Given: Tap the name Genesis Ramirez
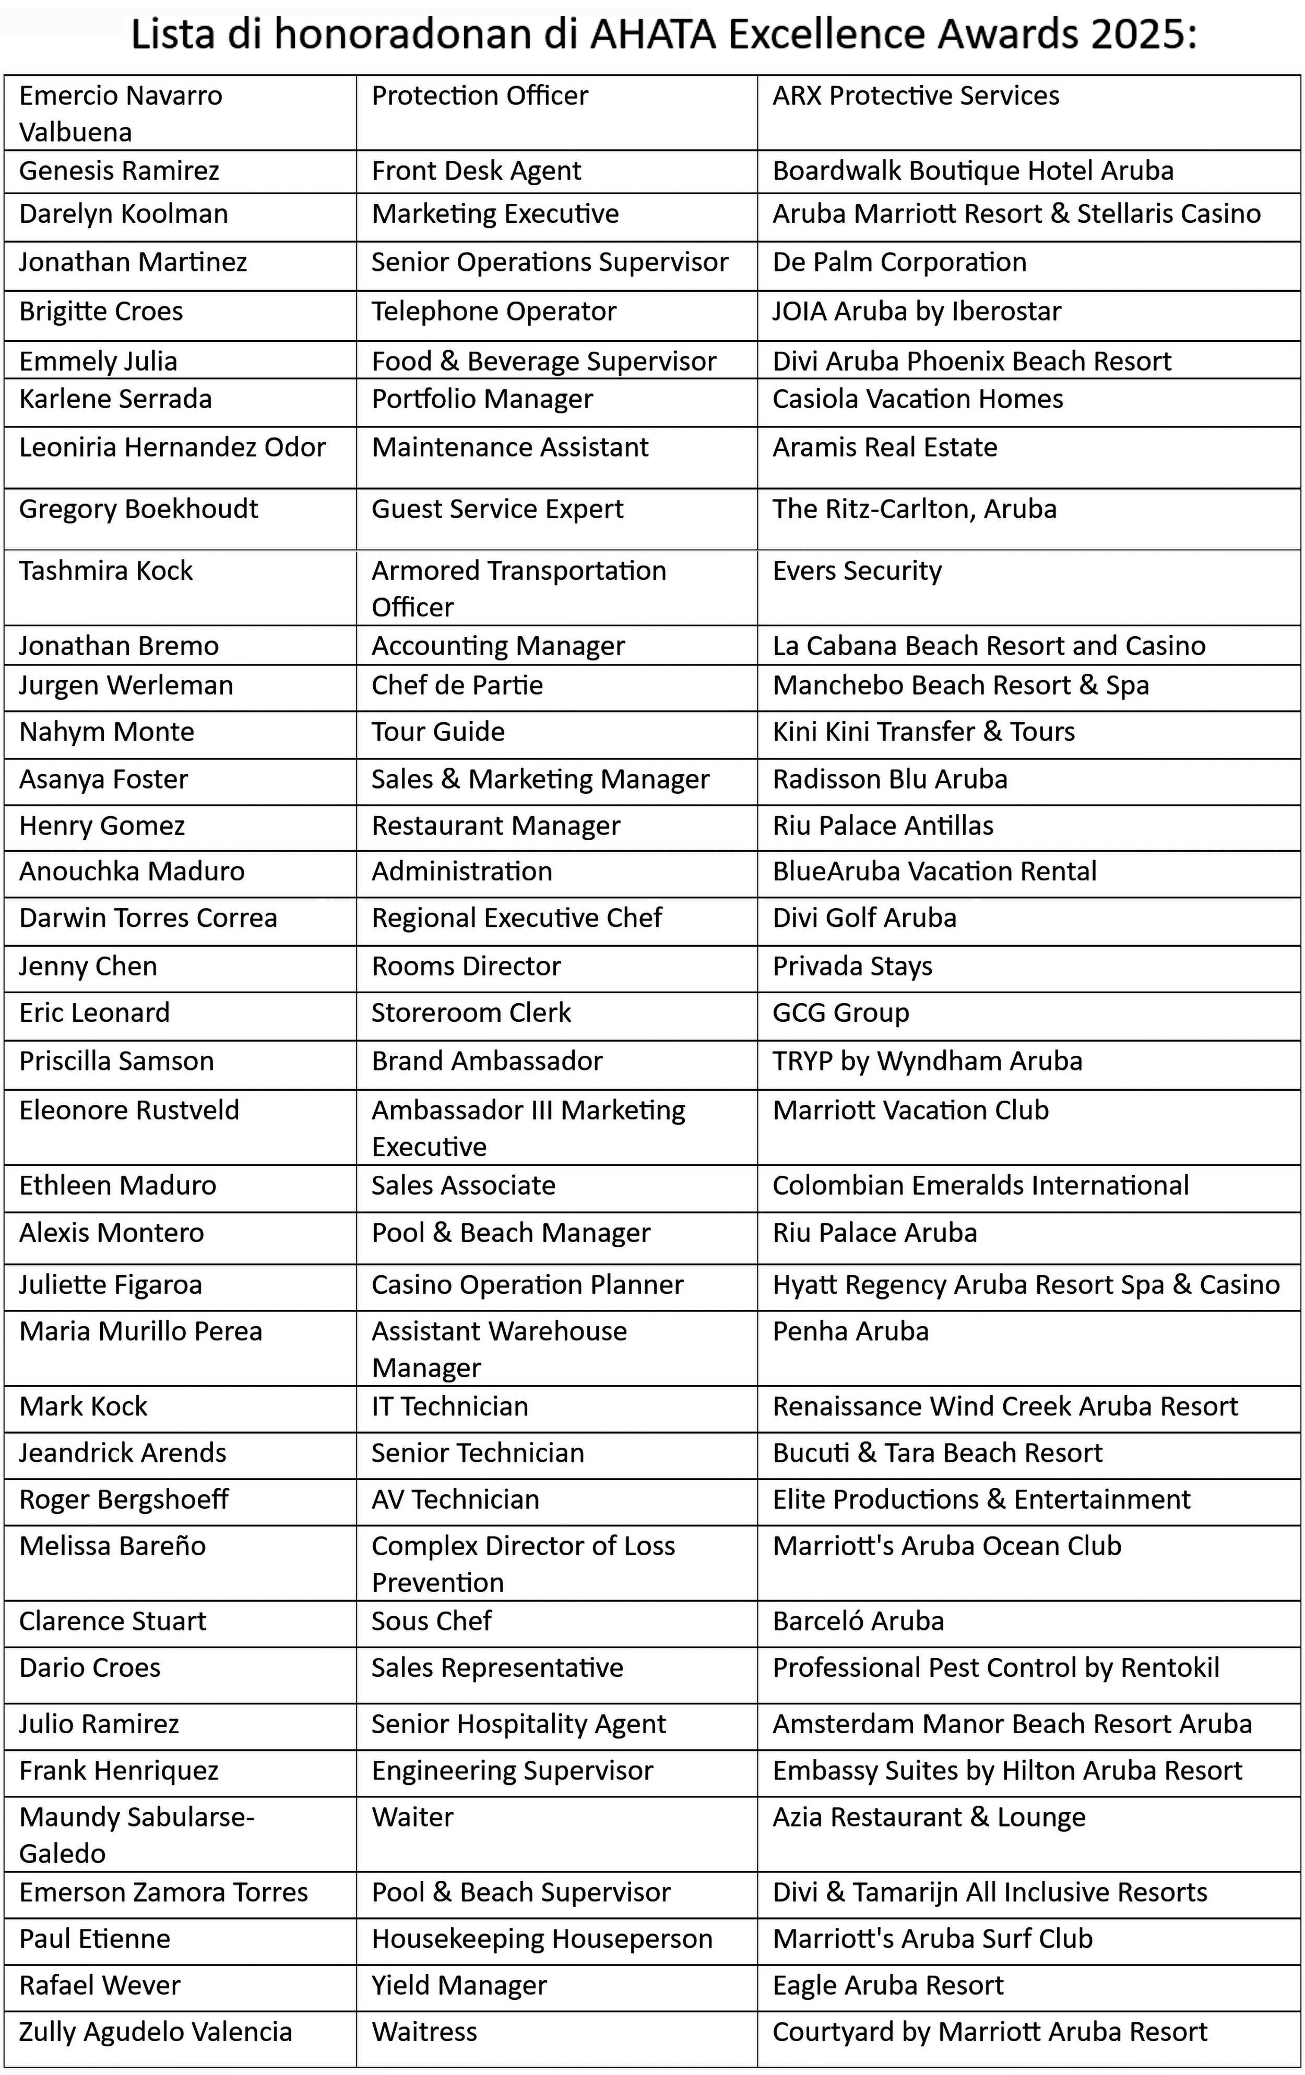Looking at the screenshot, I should [119, 171].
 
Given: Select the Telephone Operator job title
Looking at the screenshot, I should [493, 311].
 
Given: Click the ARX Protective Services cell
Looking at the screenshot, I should [916, 96].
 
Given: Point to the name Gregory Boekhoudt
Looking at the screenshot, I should [138, 509].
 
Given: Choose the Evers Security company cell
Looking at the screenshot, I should [857, 570].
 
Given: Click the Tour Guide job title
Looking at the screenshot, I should [438, 732].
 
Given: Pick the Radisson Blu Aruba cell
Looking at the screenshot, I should [889, 779].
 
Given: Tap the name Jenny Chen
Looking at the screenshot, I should [88, 966].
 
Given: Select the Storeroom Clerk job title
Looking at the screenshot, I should [471, 1012].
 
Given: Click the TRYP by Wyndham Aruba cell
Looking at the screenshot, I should [927, 1061].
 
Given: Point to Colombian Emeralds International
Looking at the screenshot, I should [980, 1186].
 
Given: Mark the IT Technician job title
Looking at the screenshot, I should [449, 1406].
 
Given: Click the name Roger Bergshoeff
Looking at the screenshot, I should [123, 1499].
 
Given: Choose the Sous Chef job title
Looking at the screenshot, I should [431, 1621].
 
